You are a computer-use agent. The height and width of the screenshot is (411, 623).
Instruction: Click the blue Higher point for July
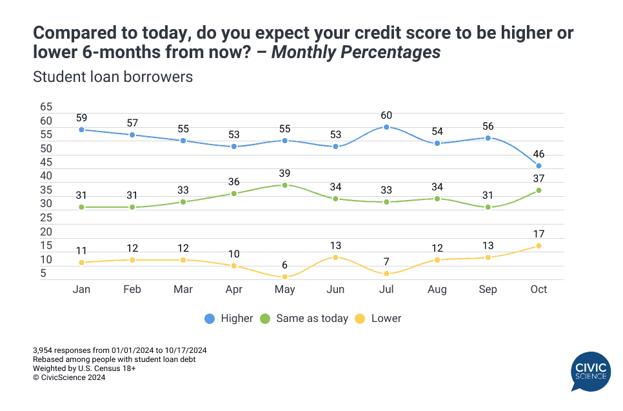pyautogui.click(x=386, y=127)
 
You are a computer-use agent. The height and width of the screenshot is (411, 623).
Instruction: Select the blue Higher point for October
pyautogui.click(x=539, y=166)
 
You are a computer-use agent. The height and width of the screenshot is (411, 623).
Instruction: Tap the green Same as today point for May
pyautogui.click(x=284, y=185)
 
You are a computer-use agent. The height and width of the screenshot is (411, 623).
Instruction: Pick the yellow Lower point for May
pyautogui.click(x=284, y=277)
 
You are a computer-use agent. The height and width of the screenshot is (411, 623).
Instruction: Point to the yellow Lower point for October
pyautogui.click(x=539, y=246)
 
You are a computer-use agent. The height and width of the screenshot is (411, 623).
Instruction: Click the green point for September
pyautogui.click(x=488, y=207)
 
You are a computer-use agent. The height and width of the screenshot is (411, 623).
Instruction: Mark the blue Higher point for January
pyautogui.click(x=81, y=130)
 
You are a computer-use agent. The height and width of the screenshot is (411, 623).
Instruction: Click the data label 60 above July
pyautogui.click(x=386, y=115)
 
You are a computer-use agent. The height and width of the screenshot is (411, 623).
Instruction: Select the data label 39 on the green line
pyautogui.click(x=284, y=174)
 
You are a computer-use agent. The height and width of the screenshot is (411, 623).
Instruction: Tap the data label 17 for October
pyautogui.click(x=539, y=234)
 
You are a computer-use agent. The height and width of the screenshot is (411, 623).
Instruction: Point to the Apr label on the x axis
pyautogui.click(x=234, y=290)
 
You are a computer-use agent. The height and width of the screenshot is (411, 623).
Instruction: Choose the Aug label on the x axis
pyautogui.click(x=437, y=290)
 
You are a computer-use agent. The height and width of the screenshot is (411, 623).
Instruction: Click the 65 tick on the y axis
pyautogui.click(x=46, y=107)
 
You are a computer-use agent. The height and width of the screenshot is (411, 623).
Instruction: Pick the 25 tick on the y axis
pyautogui.click(x=46, y=218)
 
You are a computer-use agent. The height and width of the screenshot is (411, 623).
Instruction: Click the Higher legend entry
pyautogui.click(x=229, y=318)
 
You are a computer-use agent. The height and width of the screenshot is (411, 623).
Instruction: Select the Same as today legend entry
pyautogui.click(x=304, y=318)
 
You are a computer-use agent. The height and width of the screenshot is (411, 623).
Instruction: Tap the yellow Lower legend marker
pyautogui.click(x=361, y=318)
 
